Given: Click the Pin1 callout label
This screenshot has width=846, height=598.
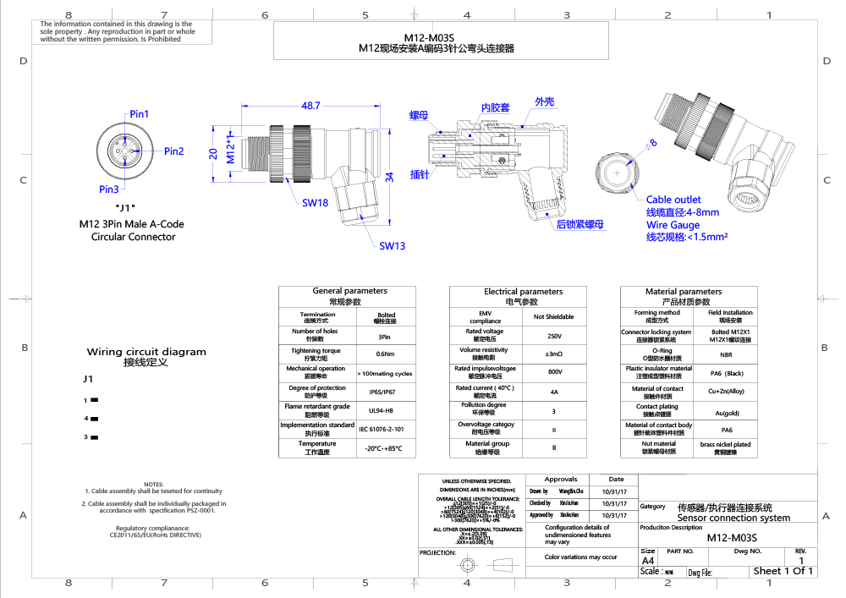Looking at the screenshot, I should tap(139, 114).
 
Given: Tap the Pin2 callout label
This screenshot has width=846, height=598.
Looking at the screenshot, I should tap(173, 151).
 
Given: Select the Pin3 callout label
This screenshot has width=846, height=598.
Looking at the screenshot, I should tap(108, 189).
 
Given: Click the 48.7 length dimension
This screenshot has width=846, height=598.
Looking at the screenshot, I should tap(310, 106).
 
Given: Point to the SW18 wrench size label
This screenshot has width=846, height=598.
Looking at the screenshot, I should tap(315, 203).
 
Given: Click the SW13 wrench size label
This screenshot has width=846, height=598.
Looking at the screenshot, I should tap(392, 246).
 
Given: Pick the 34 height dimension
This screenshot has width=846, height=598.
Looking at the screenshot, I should tap(388, 177).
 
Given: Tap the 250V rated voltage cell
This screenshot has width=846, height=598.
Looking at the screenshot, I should tap(553, 335).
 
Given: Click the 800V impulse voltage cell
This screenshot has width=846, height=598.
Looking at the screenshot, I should tap(553, 372).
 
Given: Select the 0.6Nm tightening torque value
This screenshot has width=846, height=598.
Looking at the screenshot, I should tap(386, 354).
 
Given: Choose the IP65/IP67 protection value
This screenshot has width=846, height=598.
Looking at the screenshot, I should tap(386, 392).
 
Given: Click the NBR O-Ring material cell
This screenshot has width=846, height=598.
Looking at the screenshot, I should tap(726, 354).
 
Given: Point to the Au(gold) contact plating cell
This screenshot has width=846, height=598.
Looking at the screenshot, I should tap(726, 412).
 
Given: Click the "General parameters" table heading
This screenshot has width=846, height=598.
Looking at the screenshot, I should tap(349, 291).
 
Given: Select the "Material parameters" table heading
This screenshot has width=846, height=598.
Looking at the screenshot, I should tap(684, 291).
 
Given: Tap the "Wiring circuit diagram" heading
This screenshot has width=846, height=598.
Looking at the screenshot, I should tap(146, 352).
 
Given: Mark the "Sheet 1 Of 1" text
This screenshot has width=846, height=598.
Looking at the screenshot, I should tap(783, 571).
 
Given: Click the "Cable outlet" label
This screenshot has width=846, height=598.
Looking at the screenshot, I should tap(673, 200).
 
